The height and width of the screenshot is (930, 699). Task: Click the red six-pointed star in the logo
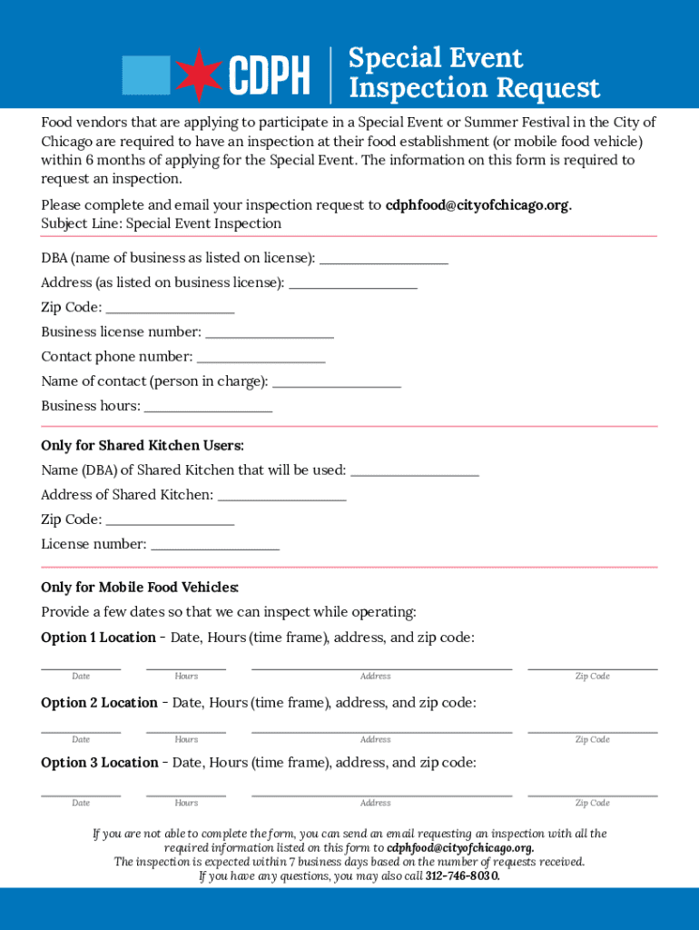(x=200, y=74)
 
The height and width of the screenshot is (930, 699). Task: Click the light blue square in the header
(x=146, y=74)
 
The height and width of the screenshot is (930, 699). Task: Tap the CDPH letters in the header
(x=269, y=75)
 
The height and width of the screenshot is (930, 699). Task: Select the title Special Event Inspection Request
(x=474, y=74)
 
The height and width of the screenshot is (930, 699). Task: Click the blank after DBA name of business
(x=384, y=261)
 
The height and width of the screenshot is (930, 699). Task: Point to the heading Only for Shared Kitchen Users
(x=143, y=446)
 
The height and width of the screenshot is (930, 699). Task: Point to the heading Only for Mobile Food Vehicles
(x=140, y=588)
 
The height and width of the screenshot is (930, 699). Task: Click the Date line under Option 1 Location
(x=81, y=667)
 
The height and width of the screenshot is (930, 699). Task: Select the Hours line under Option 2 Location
(x=186, y=730)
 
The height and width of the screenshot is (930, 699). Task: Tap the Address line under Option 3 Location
(x=381, y=794)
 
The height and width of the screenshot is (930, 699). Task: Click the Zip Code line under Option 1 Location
(x=593, y=667)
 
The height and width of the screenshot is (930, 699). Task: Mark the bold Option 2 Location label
(x=99, y=703)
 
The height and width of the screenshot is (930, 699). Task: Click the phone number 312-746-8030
(x=462, y=876)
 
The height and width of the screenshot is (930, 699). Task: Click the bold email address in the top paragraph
(x=477, y=205)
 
